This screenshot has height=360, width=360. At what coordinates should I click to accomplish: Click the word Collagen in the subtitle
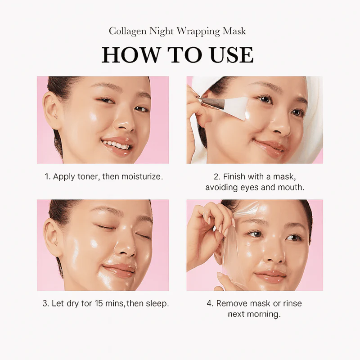coord(127,31)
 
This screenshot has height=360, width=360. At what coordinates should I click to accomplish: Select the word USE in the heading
coord(232,55)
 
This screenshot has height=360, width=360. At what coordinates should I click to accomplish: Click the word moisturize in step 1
coord(141,176)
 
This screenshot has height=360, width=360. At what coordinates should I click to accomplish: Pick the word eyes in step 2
coord(250,188)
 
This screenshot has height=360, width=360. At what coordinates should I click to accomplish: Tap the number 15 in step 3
coord(99,303)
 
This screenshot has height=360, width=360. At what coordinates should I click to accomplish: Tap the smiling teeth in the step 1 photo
coord(116,144)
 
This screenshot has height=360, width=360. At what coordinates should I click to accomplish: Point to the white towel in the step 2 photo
coord(312,103)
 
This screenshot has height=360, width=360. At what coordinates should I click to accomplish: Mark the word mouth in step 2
coord(291,188)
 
